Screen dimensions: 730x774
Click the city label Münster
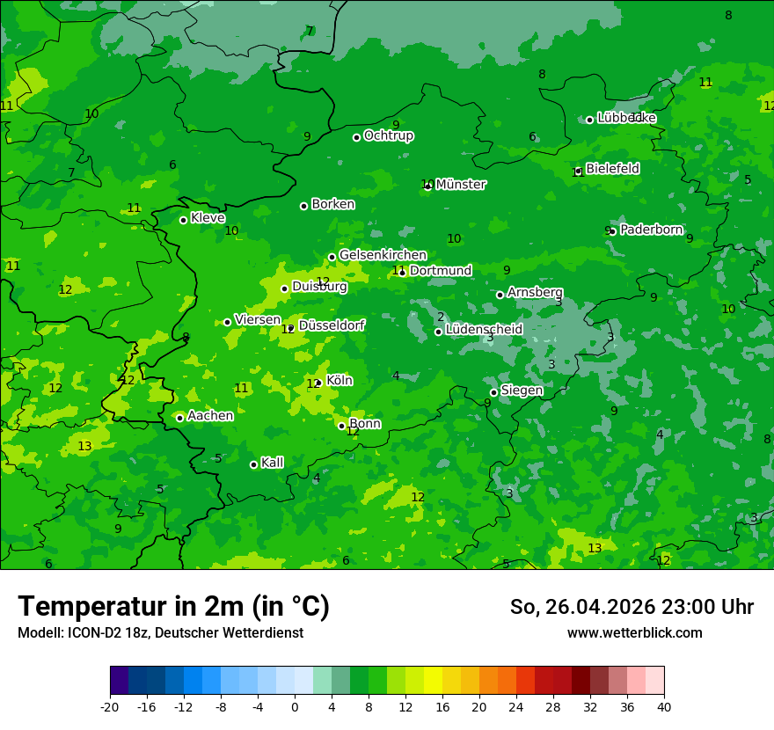tap(460, 185)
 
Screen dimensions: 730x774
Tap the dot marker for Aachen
tap(180, 418)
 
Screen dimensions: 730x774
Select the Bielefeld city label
tap(612, 168)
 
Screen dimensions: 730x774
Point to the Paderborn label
tap(651, 230)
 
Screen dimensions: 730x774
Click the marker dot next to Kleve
tap(184, 220)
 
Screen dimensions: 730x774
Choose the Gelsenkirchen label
tap(383, 255)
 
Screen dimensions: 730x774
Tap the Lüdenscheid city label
tap(484, 330)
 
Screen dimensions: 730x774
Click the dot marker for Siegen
tap(494, 392)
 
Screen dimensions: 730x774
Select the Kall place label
tap(272, 463)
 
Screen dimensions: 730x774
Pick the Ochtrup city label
tap(388, 135)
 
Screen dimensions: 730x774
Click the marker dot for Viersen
tap(228, 322)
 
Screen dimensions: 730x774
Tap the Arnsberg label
tap(535, 292)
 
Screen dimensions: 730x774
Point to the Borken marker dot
tap(304, 206)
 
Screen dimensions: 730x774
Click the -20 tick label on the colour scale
tap(110, 706)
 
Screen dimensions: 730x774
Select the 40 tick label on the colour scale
tap(664, 706)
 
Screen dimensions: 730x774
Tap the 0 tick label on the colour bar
tap(295, 706)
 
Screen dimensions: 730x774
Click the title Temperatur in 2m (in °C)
tap(173, 607)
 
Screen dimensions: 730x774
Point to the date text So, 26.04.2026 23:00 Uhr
tap(632, 607)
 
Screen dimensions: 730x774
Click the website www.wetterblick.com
tap(634, 632)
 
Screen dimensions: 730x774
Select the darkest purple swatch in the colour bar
tap(119, 681)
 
